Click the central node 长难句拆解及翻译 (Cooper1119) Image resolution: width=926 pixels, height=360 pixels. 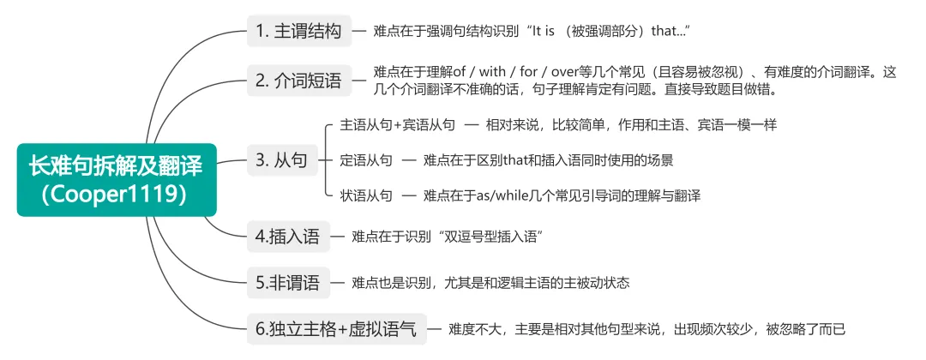(x=117, y=179)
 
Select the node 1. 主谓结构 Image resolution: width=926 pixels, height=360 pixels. (x=298, y=32)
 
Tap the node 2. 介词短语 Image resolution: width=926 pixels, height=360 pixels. (x=298, y=81)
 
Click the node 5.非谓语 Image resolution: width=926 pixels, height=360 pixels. (x=288, y=282)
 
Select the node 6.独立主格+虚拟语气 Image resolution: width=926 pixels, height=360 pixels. (x=335, y=328)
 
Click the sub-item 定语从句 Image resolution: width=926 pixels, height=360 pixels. (x=366, y=160)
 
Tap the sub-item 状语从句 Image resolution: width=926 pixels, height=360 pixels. (x=366, y=196)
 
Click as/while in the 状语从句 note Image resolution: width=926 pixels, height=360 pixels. (x=508, y=196)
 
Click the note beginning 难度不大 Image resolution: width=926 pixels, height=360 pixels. (x=652, y=328)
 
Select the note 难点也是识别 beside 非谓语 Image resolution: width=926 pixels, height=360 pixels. (x=497, y=282)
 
